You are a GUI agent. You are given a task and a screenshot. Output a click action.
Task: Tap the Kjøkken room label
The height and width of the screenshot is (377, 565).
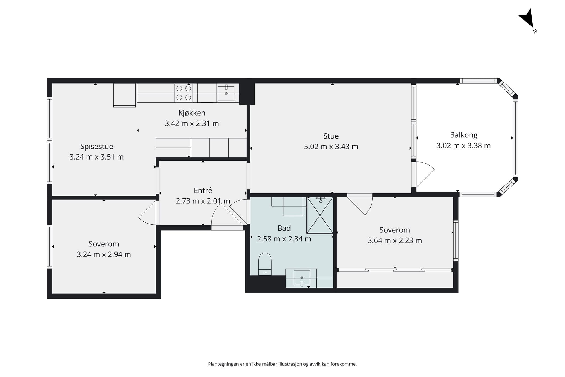pos(192,113)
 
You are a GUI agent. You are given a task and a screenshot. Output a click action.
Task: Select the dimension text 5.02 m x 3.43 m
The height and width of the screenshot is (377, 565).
pos(331,147)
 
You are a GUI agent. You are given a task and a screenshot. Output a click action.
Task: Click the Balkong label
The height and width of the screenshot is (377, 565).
pos(463,135)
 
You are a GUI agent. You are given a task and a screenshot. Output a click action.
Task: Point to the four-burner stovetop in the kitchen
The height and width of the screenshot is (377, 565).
pos(184,93)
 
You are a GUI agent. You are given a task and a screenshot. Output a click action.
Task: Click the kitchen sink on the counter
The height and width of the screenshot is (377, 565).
pos(226,93)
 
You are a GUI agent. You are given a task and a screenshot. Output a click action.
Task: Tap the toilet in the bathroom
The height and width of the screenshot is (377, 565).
pos(265,264)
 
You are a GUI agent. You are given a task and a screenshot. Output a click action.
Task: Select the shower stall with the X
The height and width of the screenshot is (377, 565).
pos(320,215)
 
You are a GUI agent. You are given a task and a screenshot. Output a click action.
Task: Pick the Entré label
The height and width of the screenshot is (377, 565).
pos(203,190)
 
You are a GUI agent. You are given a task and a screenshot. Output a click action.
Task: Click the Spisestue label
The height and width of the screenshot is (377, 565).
pos(97,146)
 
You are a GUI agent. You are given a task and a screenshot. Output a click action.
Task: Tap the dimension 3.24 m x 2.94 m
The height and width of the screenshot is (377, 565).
pos(104,254)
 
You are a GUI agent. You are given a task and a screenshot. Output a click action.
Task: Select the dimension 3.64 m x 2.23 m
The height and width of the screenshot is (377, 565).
pos(395,240)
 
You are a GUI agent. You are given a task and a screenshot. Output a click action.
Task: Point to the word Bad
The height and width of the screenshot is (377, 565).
pos(284,228)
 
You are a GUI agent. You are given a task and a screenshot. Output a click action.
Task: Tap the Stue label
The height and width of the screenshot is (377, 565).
pos(331,136)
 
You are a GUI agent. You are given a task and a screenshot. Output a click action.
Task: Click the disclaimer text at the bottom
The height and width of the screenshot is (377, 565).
pos(282,364)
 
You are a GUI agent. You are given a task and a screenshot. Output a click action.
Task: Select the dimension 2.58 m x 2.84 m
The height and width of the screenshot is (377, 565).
pos(284,239)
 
